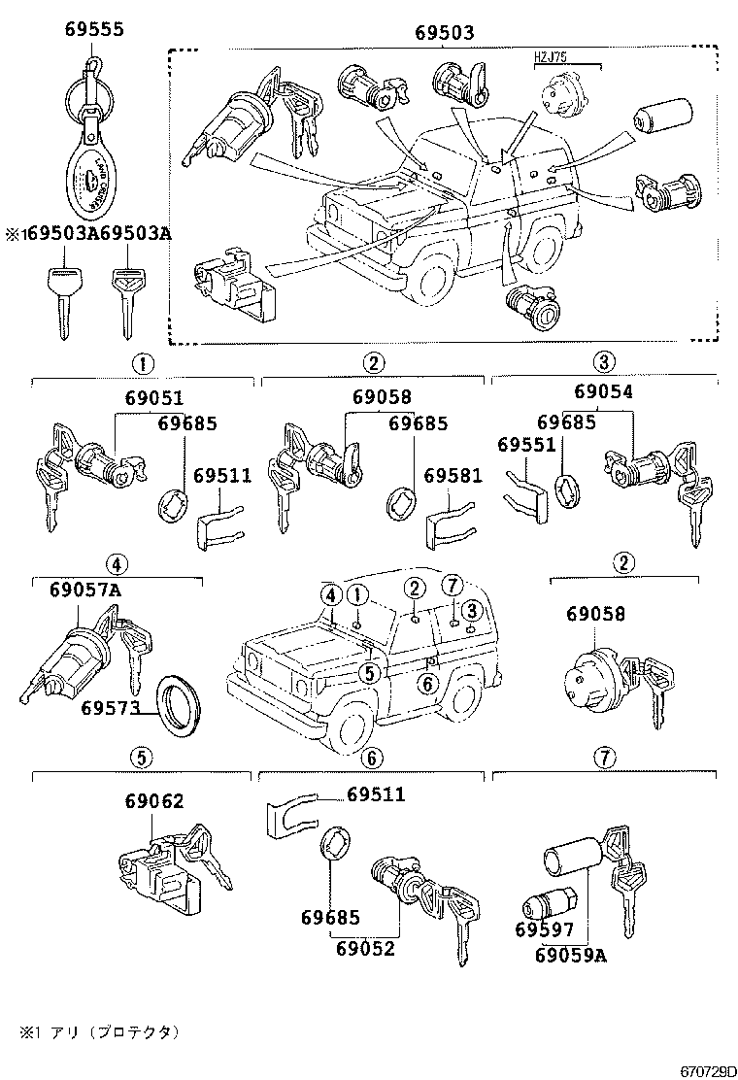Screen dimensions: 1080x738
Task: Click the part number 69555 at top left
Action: (x=94, y=30)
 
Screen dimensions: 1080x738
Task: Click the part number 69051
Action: (x=153, y=397)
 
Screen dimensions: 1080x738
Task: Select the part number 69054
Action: (x=602, y=391)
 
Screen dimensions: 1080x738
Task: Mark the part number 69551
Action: (x=526, y=444)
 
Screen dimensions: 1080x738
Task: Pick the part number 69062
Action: (x=153, y=801)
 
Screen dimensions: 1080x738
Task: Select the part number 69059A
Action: (x=570, y=955)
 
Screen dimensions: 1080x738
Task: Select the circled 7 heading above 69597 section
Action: (x=603, y=758)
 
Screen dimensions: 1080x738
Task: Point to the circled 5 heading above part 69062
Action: (x=142, y=758)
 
